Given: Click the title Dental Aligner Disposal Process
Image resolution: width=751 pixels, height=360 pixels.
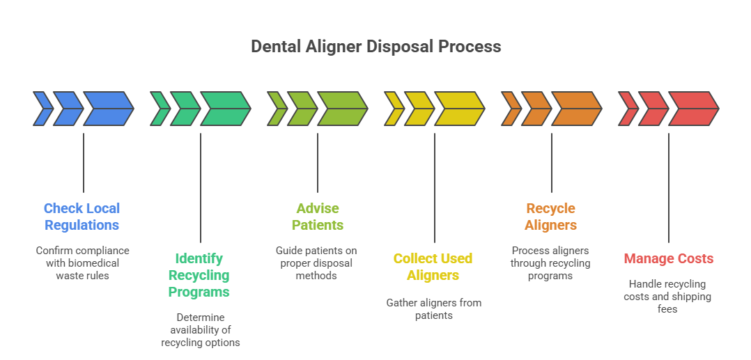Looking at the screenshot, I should click(x=375, y=47).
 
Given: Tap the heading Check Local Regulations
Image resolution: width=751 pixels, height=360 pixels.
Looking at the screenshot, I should click(x=82, y=217).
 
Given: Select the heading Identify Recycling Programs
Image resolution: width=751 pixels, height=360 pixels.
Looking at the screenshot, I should click(x=199, y=275).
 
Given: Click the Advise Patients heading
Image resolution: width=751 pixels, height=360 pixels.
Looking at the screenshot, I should click(x=317, y=217).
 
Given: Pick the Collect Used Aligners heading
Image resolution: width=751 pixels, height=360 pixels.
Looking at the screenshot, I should click(x=433, y=267).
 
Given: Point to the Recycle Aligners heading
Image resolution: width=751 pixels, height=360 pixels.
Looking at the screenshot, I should click(x=550, y=217).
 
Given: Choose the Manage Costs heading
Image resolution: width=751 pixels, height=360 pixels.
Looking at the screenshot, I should click(x=668, y=258).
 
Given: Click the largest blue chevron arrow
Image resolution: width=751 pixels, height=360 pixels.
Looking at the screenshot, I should click(x=109, y=109).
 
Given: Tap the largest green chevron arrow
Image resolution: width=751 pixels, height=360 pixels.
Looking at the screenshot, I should click(x=226, y=109).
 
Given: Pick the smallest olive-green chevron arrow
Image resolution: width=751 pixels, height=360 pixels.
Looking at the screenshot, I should click(x=277, y=109).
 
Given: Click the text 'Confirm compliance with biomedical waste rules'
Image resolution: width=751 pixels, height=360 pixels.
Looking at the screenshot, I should click(x=82, y=263).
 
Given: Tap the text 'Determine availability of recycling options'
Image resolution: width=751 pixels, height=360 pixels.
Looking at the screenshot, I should click(x=200, y=329).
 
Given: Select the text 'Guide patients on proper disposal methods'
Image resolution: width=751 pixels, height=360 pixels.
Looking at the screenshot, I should click(x=317, y=263).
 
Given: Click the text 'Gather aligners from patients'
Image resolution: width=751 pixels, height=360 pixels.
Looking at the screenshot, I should click(x=433, y=308).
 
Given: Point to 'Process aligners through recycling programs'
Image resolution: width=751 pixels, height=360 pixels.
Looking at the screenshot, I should click(x=550, y=263).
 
